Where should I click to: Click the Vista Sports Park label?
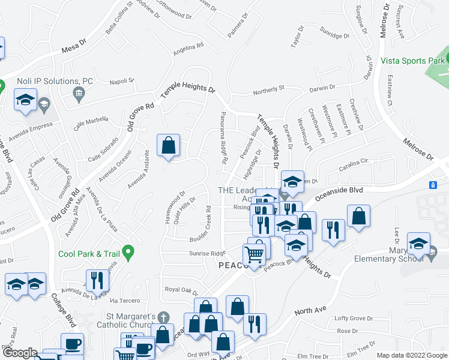tap(412, 61)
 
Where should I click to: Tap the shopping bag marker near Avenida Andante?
tap(169, 146)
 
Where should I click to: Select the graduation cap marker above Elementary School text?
tap(418, 244)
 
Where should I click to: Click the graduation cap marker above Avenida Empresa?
tap(25, 100)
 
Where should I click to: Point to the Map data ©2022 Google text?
tap(412, 355)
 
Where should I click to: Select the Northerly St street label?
tap(268, 89)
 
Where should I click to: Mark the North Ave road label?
tap(310, 311)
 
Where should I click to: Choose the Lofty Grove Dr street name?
tap(354, 319)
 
